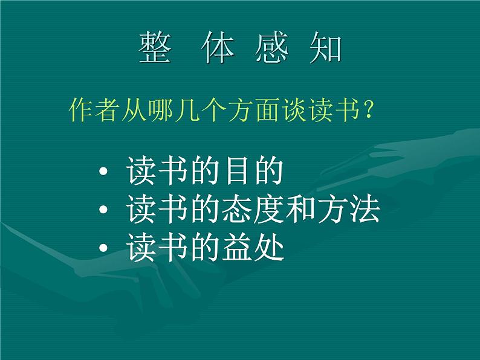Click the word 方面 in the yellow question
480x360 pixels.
256,112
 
